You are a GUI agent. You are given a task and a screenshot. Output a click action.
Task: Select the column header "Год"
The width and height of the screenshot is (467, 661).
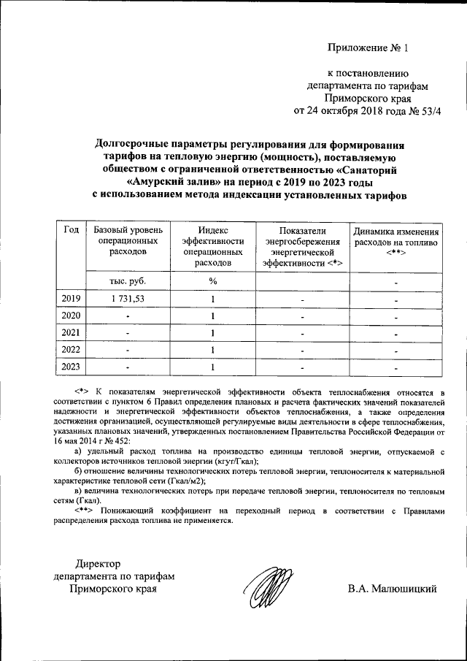tap(72, 230)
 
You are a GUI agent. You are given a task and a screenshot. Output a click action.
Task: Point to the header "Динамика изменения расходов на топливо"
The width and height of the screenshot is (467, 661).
tap(396, 240)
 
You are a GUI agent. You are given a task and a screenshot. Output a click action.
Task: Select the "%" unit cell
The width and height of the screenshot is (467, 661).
tap(212, 280)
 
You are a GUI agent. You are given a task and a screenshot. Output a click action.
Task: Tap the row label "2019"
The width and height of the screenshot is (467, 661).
tap(72, 298)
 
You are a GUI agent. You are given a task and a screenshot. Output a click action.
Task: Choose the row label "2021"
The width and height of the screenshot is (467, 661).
tap(72, 332)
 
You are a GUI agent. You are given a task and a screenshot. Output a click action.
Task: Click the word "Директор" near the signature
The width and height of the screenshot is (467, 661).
tap(103, 563)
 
